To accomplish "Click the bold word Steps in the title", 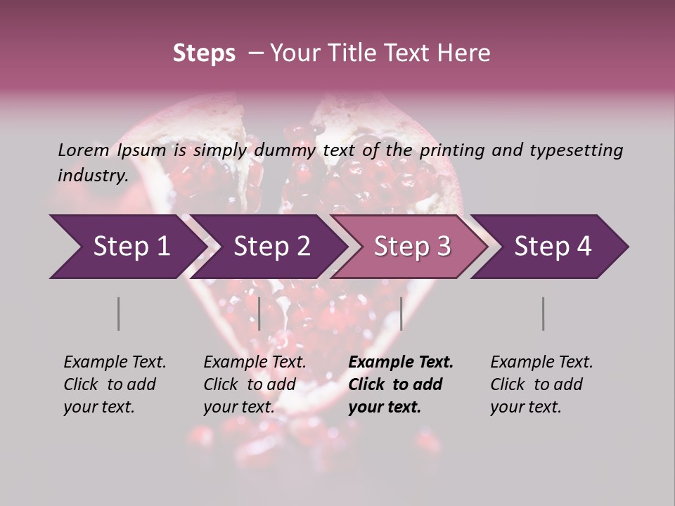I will pyautogui.click(x=204, y=53).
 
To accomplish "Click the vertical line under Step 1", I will pyautogui.click(x=118, y=313).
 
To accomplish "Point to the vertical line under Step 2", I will pyautogui.click(x=259, y=313).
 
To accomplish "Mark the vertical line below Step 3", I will pyautogui.click(x=401, y=313).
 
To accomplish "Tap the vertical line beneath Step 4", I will pyautogui.click(x=543, y=313).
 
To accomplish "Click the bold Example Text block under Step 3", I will pyautogui.click(x=401, y=384).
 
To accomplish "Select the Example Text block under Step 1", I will pyautogui.click(x=115, y=384).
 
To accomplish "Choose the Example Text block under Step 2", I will pyautogui.click(x=255, y=384).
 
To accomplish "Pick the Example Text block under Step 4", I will pyautogui.click(x=541, y=384).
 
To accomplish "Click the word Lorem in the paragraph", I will pyautogui.click(x=83, y=150).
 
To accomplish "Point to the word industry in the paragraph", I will pyautogui.click(x=92, y=175).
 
